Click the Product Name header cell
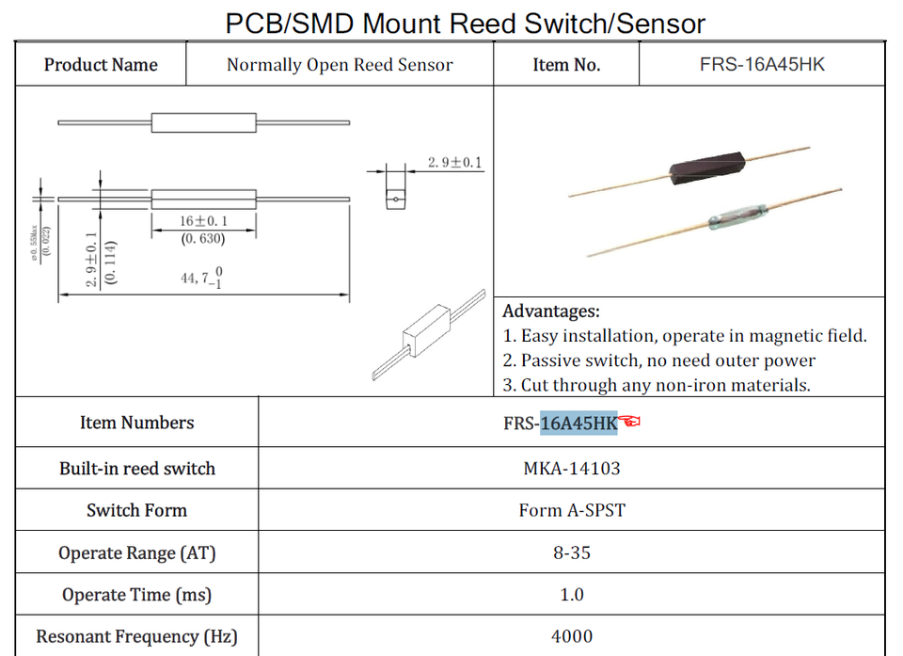click(101, 65)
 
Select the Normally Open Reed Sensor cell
click(340, 65)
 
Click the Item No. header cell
click(566, 65)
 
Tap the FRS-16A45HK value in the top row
click(762, 65)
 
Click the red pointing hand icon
click(630, 422)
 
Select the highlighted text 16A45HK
click(578, 424)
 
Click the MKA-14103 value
click(572, 468)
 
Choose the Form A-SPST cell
click(572, 510)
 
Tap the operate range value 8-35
click(572, 552)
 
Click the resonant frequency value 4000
click(572, 636)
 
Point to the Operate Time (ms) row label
click(136, 595)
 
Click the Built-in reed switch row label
click(136, 469)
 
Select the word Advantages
click(550, 312)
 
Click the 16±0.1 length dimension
click(204, 221)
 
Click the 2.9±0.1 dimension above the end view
click(454, 163)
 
